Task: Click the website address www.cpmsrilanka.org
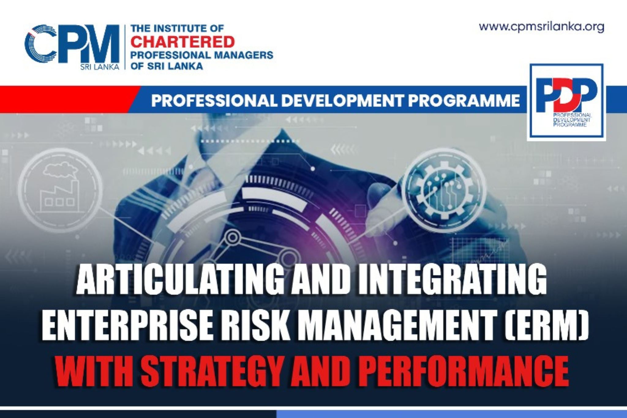541,27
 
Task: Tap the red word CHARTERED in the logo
183,42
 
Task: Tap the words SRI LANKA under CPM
100,67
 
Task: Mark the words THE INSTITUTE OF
177,28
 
